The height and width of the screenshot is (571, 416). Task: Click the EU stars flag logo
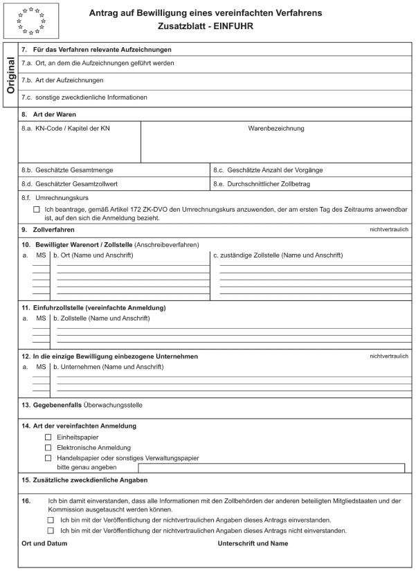coord(31,20)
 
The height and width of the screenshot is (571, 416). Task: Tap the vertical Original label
coord(10,74)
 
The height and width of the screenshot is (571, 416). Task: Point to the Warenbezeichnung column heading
coord(275,128)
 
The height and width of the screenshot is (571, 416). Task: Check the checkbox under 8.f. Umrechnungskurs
coord(37,208)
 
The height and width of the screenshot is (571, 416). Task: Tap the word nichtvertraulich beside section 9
coord(390,228)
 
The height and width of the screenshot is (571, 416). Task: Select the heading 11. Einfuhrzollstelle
coord(93,307)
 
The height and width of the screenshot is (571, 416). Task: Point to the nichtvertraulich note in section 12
coord(390,356)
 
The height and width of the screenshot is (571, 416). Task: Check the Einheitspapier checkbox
coord(48,437)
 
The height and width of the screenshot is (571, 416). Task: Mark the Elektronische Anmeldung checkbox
coord(48,447)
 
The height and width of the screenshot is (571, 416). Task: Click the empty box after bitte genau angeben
coord(271,468)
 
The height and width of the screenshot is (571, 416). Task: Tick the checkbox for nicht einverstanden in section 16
coord(51,530)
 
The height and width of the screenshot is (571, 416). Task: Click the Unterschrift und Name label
coord(253,544)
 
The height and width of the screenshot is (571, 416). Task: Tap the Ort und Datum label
coord(42,544)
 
